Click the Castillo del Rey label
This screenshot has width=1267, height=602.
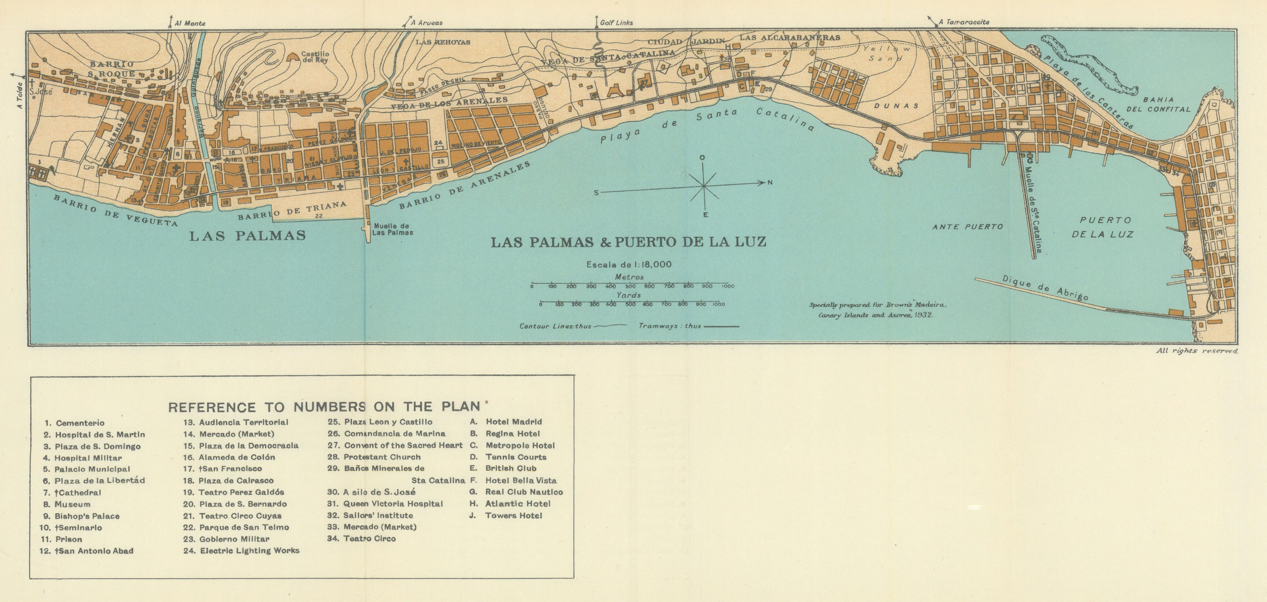[x=315, y=56]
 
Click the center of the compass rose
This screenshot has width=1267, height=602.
[x=704, y=186]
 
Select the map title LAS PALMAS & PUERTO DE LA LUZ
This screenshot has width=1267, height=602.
[x=629, y=242]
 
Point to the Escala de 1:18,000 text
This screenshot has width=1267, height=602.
[x=629, y=265]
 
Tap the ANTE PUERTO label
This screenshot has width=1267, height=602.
[x=968, y=226]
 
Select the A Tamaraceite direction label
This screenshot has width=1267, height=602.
[x=963, y=22]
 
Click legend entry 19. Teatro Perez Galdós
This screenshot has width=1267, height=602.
[x=241, y=492]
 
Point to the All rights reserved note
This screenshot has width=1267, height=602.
[x=1196, y=351]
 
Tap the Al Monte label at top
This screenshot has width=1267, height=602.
[x=190, y=23]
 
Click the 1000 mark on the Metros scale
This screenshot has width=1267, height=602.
[x=727, y=286]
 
